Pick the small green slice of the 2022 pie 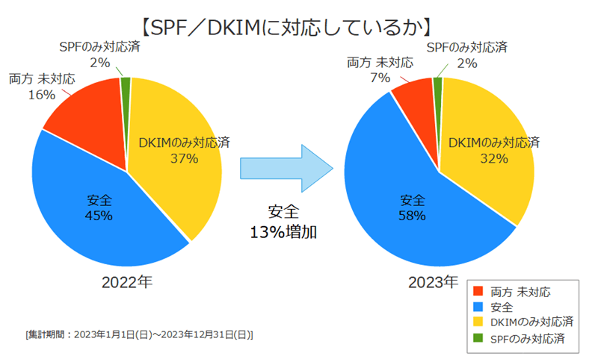pos(126,83)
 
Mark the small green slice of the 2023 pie pos(438,83)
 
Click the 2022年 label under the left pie pos(127,282)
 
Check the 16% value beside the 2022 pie pos(43,95)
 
